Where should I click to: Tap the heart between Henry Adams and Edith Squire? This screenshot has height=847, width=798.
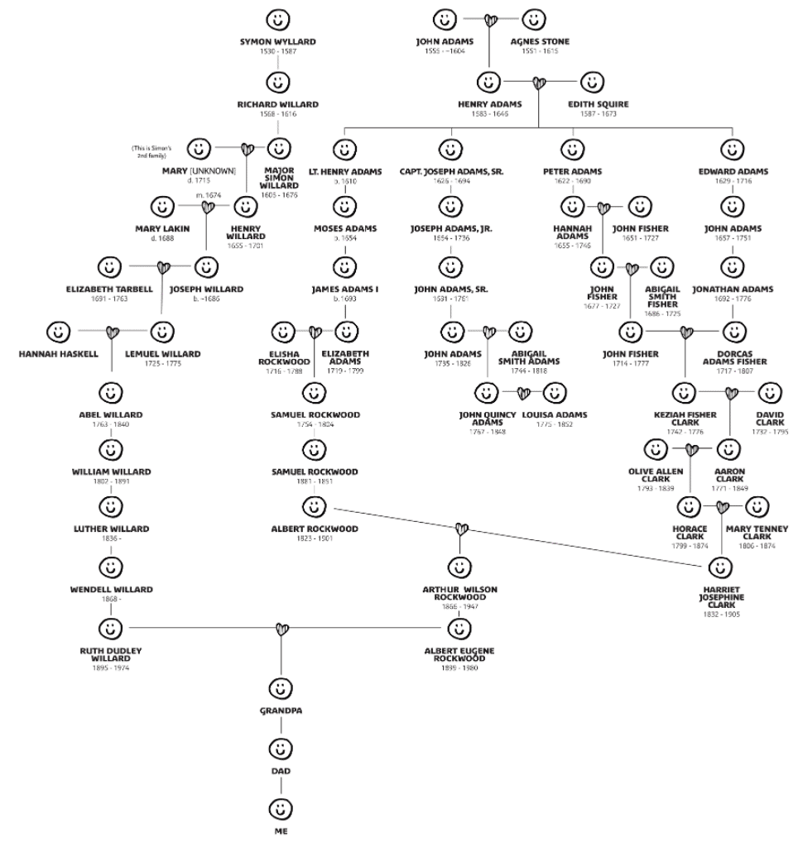pos(540,83)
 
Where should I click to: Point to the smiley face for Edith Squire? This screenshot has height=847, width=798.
pos(591,82)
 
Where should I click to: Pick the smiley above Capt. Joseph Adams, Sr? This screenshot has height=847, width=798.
pos(449,149)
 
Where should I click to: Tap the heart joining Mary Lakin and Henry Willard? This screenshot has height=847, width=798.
pos(208,206)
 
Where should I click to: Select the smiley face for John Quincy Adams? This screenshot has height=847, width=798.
pos(486,391)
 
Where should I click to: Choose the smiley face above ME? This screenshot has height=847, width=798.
pos(281,806)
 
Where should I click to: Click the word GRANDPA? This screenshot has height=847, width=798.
pos(281,710)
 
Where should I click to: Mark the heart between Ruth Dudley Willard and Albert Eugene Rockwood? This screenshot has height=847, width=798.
pos(281,629)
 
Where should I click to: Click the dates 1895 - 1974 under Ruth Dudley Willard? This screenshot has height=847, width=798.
pos(111,667)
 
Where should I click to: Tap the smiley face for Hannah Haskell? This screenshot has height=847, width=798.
pos(57,333)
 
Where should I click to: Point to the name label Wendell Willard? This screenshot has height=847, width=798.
pos(111,589)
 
